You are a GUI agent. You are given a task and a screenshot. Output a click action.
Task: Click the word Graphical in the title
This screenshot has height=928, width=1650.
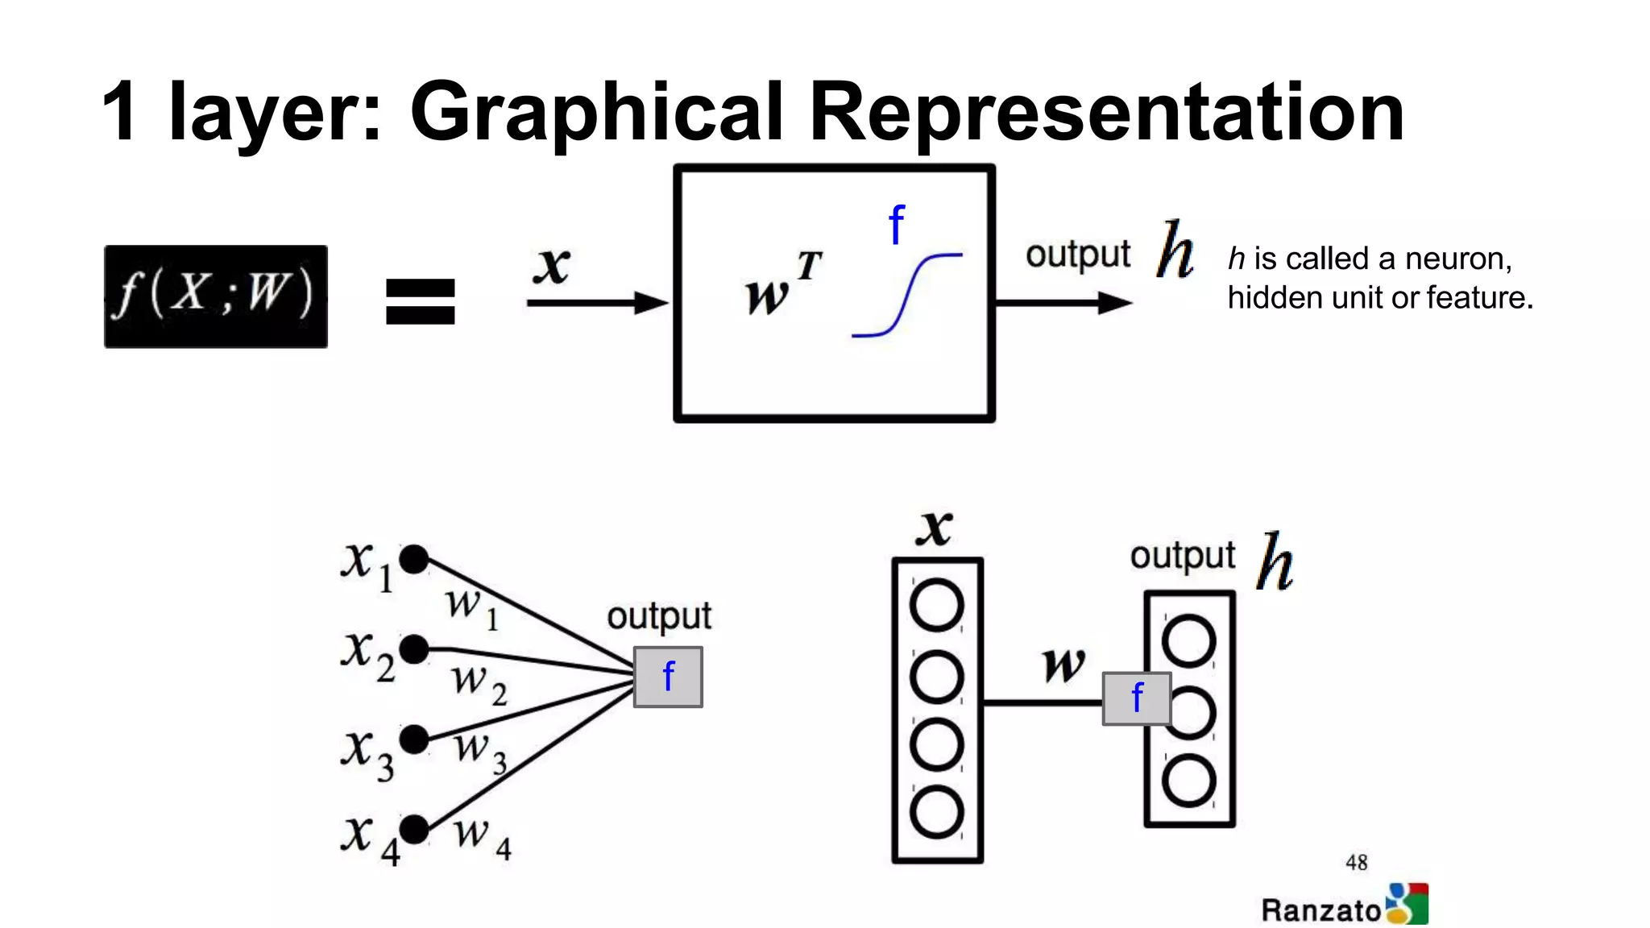point(596,113)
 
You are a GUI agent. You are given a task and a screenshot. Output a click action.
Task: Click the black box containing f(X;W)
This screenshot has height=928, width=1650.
point(216,296)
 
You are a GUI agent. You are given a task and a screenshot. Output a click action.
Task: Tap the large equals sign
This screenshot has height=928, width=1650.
point(420,302)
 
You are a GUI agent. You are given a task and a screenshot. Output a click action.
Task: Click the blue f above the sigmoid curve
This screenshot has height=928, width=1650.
point(897,225)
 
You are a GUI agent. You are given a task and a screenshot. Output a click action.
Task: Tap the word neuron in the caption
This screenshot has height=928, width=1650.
point(1457,259)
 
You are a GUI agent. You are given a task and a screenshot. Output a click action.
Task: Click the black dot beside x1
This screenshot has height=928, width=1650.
point(414,559)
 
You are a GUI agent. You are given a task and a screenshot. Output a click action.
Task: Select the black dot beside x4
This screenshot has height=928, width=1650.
point(414,829)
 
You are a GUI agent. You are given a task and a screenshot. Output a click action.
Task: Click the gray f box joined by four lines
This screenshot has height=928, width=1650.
point(668,677)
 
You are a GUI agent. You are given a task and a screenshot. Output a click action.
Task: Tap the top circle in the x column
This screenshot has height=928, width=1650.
point(936,605)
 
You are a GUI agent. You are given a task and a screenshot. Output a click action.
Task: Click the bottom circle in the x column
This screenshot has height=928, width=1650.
point(936,811)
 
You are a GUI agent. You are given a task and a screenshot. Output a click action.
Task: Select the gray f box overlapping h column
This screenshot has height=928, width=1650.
point(1136,698)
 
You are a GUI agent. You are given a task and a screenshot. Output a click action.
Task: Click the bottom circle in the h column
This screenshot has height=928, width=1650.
point(1189,781)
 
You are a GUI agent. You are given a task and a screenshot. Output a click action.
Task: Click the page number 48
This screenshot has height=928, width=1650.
point(1357,863)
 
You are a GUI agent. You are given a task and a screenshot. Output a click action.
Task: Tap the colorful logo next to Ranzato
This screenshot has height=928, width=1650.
point(1407,904)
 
